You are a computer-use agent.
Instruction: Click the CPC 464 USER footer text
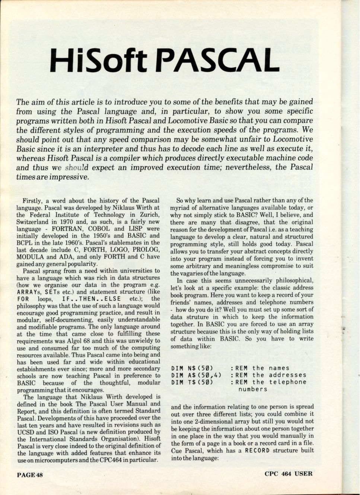coord(289,474)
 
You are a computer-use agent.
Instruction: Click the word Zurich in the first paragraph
coord(148,215)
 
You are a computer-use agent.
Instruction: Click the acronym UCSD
coord(26,432)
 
